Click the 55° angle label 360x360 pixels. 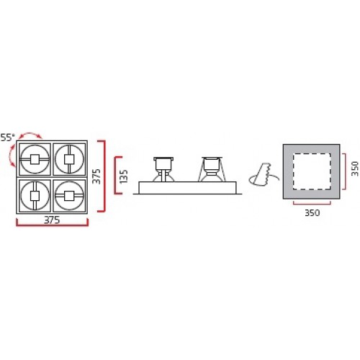tap(7, 138)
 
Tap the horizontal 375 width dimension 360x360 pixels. tap(52, 220)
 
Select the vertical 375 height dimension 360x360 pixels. tap(96, 176)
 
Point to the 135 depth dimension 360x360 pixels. tap(124, 176)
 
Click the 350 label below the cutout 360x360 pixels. tap(312, 212)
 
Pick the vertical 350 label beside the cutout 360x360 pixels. tap(355, 168)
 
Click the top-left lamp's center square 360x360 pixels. tap(35, 159)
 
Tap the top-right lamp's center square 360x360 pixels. tap(69, 159)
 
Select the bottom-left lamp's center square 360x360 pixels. tap(35, 196)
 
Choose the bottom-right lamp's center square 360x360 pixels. tap(69, 196)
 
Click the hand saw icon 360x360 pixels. tap(263, 174)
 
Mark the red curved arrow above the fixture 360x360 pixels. tap(31, 132)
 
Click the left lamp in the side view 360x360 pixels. tap(163, 169)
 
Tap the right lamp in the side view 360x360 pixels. tap(212, 169)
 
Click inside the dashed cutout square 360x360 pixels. tap(312, 171)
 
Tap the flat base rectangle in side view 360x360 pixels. tap(187, 187)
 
